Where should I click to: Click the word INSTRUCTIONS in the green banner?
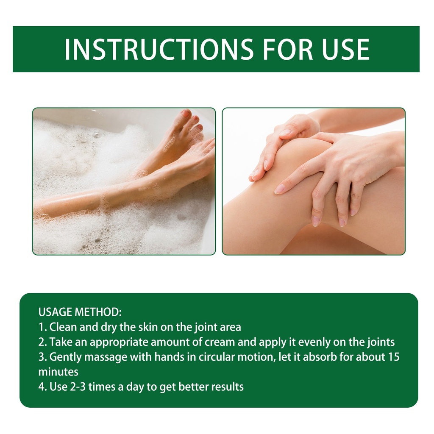(x=159, y=49)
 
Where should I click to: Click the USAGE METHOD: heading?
(x=80, y=312)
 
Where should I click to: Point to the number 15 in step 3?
(x=394, y=357)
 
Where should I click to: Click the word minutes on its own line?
(x=58, y=372)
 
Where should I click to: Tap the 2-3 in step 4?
(x=78, y=387)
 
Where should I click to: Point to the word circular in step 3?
(x=217, y=357)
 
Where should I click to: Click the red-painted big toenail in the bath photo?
(x=186, y=113)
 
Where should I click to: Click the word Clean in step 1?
(x=63, y=327)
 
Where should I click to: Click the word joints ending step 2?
(x=381, y=342)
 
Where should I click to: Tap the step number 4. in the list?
(x=43, y=387)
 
